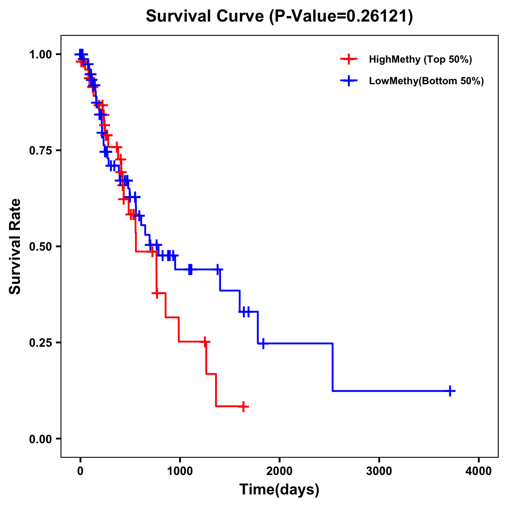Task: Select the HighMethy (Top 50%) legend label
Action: point(420,59)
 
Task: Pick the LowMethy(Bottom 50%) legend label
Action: point(426,81)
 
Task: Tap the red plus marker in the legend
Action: point(348,59)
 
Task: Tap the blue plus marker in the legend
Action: point(348,81)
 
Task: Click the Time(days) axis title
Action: point(279,490)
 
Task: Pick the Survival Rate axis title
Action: point(15,246)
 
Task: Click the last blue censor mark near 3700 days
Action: point(451,391)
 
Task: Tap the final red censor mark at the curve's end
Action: point(243,407)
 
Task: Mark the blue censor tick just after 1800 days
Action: point(263,343)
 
